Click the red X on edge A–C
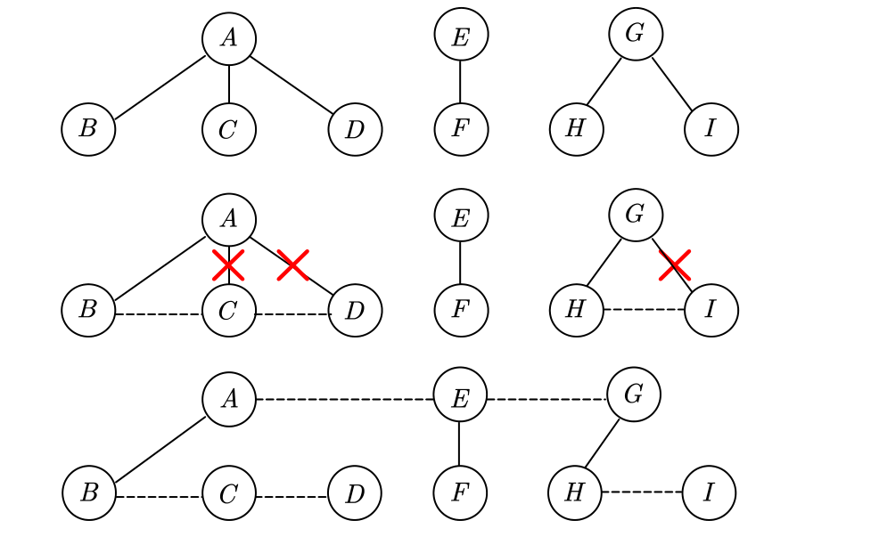229,264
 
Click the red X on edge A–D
292,264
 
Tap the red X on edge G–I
675,264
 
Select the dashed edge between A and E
344,399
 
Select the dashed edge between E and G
546,399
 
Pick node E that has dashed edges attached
460,398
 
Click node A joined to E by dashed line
229,398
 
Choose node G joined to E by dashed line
634,394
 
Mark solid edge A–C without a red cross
229,84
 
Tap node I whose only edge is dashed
709,492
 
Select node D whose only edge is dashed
355,492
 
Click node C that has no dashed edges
229,129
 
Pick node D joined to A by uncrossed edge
355,129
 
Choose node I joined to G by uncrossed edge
711,129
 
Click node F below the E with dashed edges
460,492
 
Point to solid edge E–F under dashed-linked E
460,444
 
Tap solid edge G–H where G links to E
602,443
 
